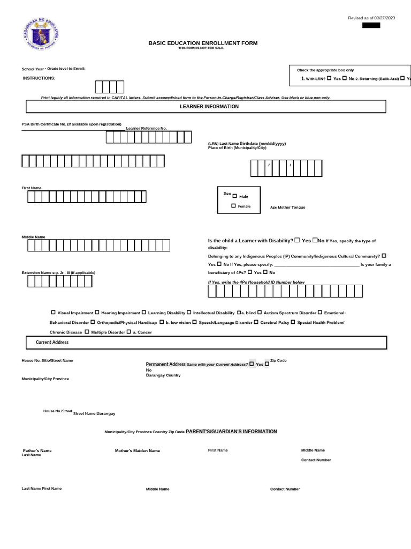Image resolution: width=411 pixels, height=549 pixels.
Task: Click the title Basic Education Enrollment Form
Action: point(203,43)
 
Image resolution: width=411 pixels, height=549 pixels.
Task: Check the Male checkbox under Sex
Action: point(234,196)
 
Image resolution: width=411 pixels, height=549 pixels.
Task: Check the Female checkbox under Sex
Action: point(233,206)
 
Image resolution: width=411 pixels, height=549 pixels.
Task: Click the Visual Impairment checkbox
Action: point(53,313)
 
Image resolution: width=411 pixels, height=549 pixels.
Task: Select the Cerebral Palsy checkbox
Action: point(256,322)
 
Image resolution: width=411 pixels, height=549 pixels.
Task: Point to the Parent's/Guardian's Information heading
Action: point(231,431)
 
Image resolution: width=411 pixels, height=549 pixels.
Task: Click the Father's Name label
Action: point(37,450)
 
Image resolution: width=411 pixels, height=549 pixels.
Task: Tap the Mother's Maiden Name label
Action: point(138,450)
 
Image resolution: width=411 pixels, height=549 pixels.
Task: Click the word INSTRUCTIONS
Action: point(39,78)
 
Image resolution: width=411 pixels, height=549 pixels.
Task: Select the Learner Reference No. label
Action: point(146,128)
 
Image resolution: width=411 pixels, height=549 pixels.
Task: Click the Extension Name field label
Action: point(58,272)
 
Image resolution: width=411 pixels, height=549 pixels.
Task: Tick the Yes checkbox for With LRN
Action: point(329,78)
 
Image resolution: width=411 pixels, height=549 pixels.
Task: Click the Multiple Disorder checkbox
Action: point(87,332)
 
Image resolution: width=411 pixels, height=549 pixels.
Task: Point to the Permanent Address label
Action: point(166,364)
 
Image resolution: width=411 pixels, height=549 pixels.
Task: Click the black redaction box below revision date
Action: point(371,25)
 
